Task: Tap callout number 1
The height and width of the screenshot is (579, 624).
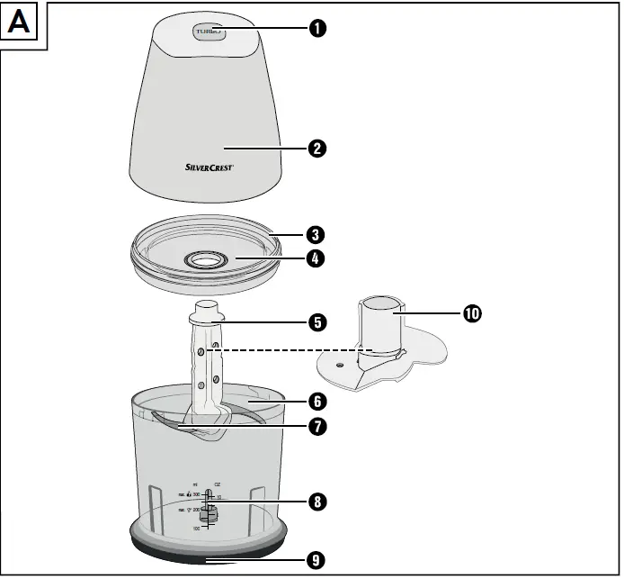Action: (316, 29)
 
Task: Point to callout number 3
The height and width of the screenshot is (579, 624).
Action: (316, 235)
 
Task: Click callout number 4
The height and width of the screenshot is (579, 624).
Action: (316, 258)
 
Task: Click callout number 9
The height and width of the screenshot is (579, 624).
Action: (316, 560)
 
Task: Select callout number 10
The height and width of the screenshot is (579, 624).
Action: (472, 313)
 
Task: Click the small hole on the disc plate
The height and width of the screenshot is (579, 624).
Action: (340, 365)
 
